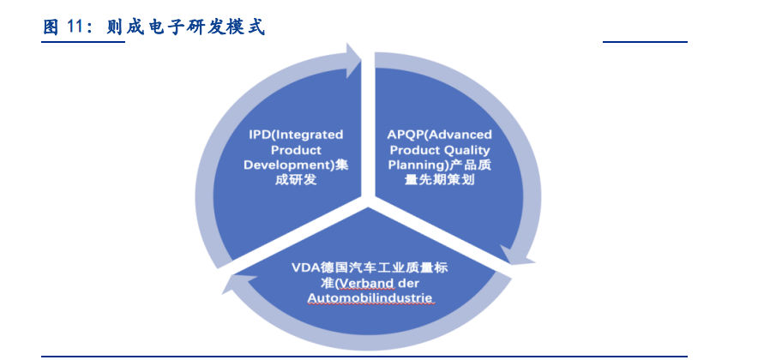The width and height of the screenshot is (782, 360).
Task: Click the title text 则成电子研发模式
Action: (185, 26)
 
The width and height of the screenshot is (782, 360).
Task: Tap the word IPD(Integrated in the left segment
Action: (296, 135)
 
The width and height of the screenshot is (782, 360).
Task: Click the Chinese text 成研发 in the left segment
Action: (296, 180)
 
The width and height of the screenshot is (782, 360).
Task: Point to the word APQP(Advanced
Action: (439, 135)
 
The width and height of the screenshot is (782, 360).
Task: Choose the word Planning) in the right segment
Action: (417, 165)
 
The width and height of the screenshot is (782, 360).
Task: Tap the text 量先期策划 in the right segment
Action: (439, 180)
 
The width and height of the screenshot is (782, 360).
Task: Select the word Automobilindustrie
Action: (370, 298)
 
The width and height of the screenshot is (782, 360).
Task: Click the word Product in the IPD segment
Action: (296, 150)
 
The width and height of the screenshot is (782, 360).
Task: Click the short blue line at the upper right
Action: (645, 42)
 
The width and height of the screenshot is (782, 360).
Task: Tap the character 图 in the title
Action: (51, 26)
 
